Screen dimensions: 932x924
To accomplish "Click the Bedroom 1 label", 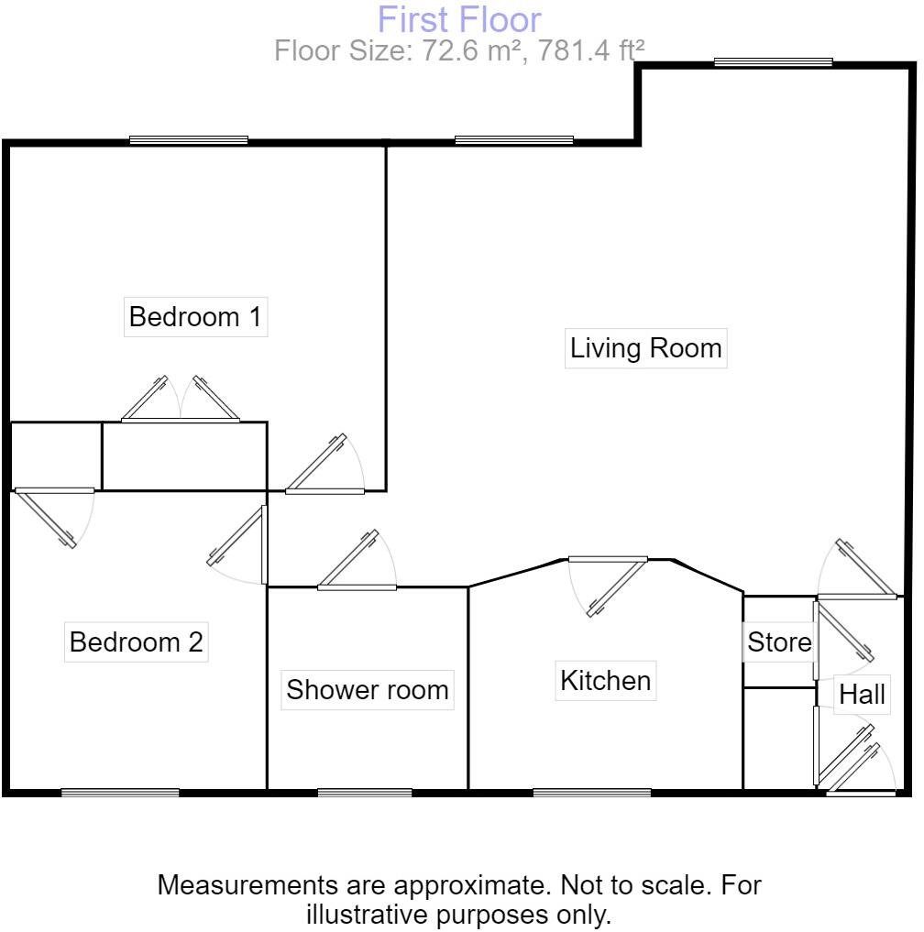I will coord(195,318).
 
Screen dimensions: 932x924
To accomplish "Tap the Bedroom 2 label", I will coord(137,642).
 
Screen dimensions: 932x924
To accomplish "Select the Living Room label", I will coord(645,349).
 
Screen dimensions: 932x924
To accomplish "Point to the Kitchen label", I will coord(605,681).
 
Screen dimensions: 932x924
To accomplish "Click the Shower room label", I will coord(368,690).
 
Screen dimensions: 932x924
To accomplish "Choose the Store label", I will coord(779,642).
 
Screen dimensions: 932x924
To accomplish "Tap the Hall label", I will coord(862,696).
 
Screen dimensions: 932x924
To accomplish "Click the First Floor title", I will coord(459,19).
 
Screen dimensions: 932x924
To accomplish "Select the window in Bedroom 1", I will coord(189,140).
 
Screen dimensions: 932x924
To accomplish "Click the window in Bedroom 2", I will coord(120,793).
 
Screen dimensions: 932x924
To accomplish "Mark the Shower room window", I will coord(365,793).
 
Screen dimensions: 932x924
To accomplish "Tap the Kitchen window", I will coord(591,793).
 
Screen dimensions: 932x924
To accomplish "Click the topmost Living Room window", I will coord(773,62).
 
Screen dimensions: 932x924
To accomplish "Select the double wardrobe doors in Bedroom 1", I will coord(180,401).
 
